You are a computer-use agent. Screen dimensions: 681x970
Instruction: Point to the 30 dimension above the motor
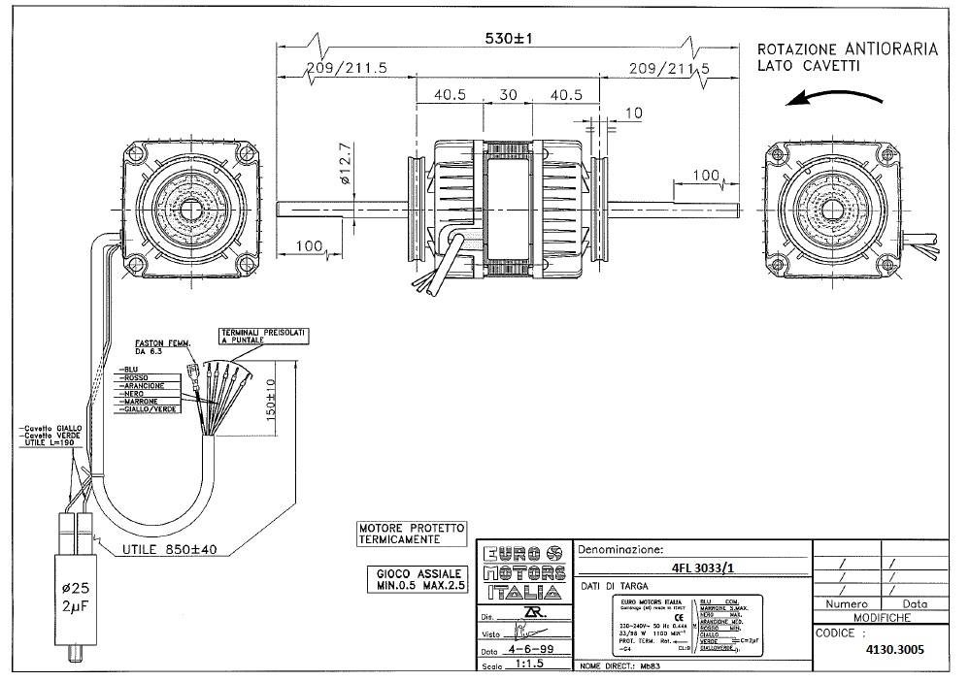(507, 95)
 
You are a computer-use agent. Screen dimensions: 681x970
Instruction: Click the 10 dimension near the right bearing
(635, 113)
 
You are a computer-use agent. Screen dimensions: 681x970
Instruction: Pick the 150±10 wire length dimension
(273, 396)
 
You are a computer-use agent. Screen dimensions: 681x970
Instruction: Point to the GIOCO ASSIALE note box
(418, 579)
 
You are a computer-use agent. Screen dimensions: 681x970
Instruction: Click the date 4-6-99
(529, 652)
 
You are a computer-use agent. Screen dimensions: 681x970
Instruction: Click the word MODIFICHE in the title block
(881, 617)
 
